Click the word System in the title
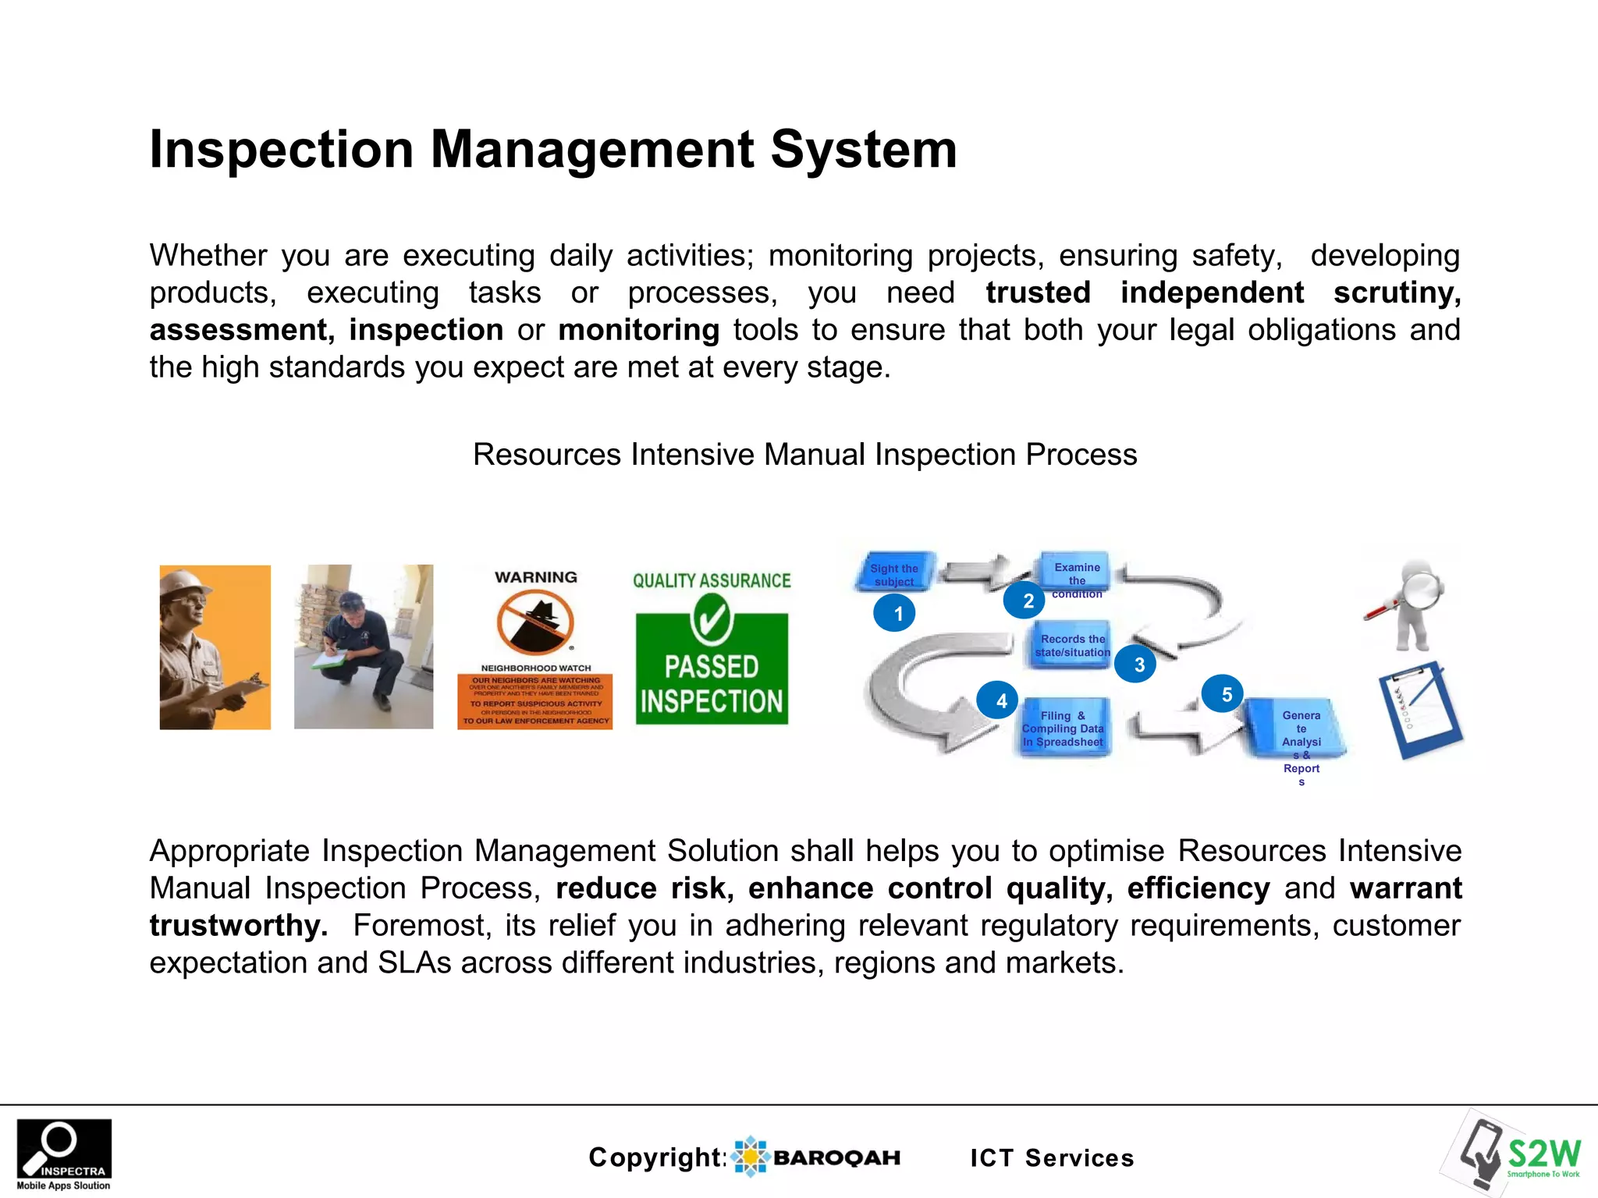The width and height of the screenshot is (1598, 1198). (863, 150)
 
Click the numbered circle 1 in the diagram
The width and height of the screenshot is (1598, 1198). (895, 613)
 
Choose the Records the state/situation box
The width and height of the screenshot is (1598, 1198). (1071, 645)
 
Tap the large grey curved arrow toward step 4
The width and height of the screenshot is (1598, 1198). (905, 694)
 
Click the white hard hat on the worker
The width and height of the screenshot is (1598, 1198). (185, 582)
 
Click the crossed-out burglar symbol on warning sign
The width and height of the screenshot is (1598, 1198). (535, 622)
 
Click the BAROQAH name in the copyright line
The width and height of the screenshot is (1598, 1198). (836, 1157)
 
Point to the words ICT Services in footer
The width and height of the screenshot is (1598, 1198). (1052, 1157)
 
